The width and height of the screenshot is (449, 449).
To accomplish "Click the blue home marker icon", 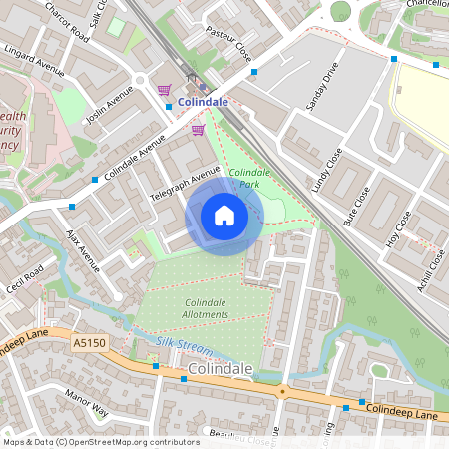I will [224, 216].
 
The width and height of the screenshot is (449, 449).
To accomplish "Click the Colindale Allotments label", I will [206, 308].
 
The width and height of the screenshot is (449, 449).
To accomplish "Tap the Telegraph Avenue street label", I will [181, 186].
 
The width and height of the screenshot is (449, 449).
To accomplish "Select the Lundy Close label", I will [326, 171].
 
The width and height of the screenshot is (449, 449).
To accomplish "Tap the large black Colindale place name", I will [220, 369].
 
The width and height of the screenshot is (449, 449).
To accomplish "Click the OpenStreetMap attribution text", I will [100, 441].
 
